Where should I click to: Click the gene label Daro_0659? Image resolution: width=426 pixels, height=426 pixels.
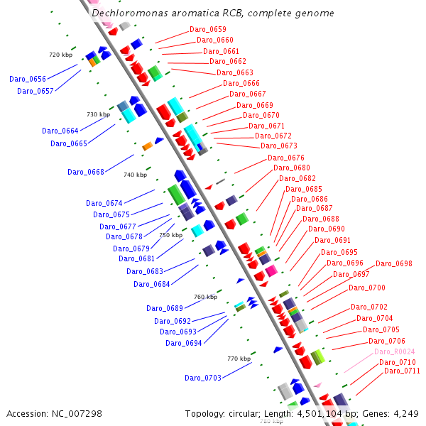click(207, 30)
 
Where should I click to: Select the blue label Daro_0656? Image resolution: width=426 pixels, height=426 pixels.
click(28, 80)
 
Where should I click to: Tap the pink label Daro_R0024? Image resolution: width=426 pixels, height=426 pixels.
click(394, 352)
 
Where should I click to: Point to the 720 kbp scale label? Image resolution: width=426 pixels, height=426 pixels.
click(60, 55)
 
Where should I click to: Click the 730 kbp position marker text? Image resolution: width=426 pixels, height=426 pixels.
click(98, 114)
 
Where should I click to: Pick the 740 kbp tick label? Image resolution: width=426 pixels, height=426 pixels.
click(135, 175)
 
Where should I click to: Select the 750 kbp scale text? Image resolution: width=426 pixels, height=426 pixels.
click(170, 235)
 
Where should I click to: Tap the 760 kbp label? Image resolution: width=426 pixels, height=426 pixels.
click(205, 297)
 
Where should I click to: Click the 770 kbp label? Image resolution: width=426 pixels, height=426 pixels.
click(239, 359)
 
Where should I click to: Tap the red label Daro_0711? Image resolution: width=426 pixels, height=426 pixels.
click(402, 371)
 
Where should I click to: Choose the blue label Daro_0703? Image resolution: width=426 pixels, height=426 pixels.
click(203, 378)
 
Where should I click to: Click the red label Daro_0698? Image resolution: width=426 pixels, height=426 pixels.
click(393, 264)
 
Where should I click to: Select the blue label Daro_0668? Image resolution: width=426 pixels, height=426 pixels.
click(86, 172)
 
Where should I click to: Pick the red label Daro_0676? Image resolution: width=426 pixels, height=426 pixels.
click(285, 158)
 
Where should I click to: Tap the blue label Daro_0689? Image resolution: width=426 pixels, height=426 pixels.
click(165, 308)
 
